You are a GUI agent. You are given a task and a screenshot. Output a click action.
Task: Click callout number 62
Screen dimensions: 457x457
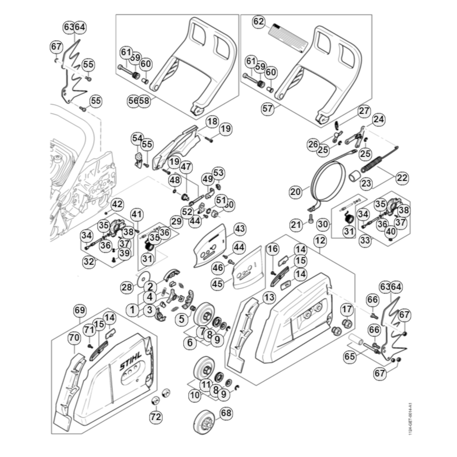[x=259, y=21]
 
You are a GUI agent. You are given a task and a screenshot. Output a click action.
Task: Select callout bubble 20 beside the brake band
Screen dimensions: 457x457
[x=296, y=192]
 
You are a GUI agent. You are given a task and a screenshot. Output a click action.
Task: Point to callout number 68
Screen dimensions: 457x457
[x=226, y=413]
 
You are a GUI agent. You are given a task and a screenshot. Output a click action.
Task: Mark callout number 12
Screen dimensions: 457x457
[x=320, y=239]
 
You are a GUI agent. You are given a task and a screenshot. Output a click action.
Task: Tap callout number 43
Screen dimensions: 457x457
[x=239, y=228]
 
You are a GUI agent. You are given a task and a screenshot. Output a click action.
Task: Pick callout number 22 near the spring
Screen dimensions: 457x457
[x=402, y=178]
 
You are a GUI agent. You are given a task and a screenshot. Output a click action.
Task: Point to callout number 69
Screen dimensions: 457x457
[x=80, y=310]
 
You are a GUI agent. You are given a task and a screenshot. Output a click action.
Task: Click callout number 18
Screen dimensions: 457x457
[x=212, y=122]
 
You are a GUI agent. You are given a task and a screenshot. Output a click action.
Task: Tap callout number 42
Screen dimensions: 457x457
[x=117, y=204]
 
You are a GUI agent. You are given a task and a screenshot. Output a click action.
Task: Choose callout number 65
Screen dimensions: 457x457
[x=349, y=355]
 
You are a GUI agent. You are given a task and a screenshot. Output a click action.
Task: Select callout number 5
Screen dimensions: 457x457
[x=181, y=318]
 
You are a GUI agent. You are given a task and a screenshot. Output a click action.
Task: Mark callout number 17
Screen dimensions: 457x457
[x=347, y=309]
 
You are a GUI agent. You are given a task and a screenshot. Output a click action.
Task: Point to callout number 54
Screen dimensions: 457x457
[x=137, y=138]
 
